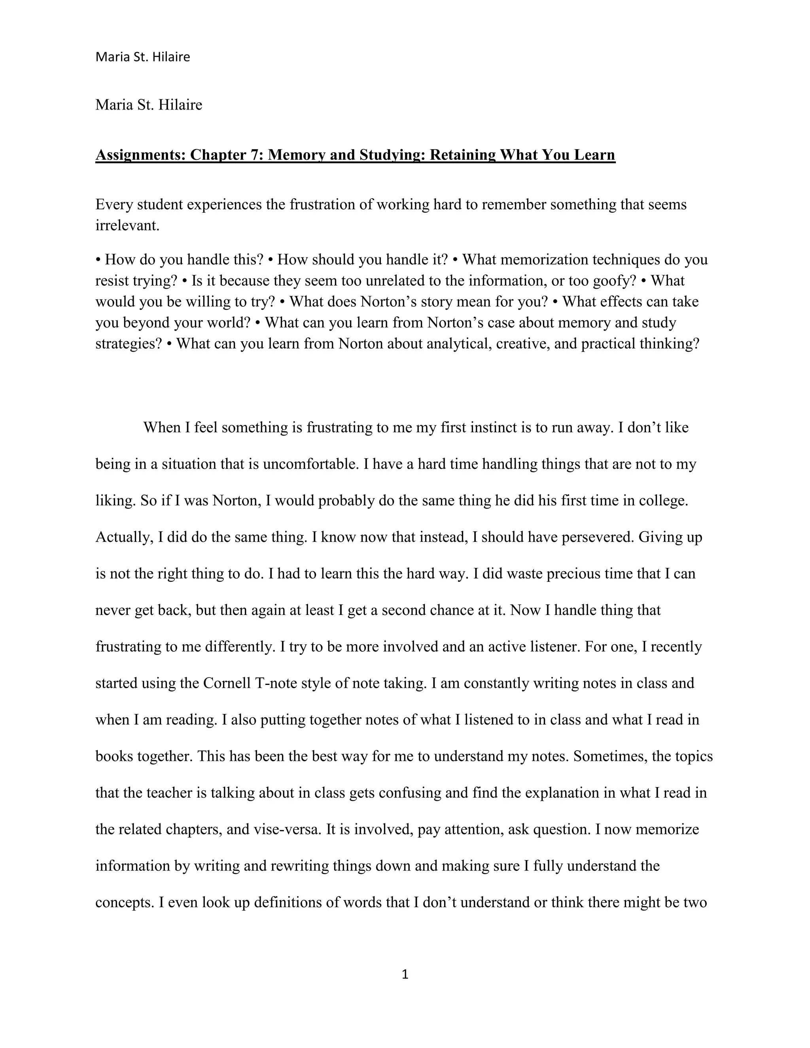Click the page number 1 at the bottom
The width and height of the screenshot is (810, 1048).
tap(405, 974)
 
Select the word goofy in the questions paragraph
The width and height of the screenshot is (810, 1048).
tap(614, 281)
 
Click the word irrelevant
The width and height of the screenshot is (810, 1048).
tap(127, 225)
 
